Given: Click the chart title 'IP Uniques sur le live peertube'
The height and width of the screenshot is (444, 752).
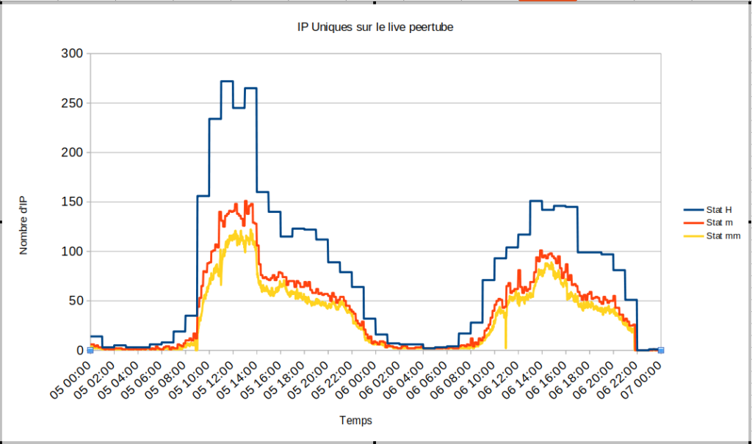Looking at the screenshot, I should coord(375,27).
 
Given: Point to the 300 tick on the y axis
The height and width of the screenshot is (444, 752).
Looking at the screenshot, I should coord(73,54).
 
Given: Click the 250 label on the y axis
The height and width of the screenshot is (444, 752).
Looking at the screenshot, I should coord(73,103).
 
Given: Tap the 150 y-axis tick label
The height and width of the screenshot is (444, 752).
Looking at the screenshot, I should coord(73,202).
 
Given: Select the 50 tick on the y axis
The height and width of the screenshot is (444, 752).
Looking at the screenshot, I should coord(76,301).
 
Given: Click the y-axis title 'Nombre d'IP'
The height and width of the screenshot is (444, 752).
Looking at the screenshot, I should coord(23,226).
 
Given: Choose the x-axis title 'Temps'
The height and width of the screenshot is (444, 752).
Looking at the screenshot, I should coord(355,421).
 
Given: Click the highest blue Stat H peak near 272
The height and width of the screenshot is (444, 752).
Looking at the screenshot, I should coord(227,81).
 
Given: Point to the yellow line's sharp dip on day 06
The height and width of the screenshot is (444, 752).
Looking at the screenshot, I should coord(505,345).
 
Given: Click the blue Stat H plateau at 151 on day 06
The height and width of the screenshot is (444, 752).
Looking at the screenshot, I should coord(535,200).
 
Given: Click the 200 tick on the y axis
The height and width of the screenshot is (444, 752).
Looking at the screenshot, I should coord(73,153).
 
